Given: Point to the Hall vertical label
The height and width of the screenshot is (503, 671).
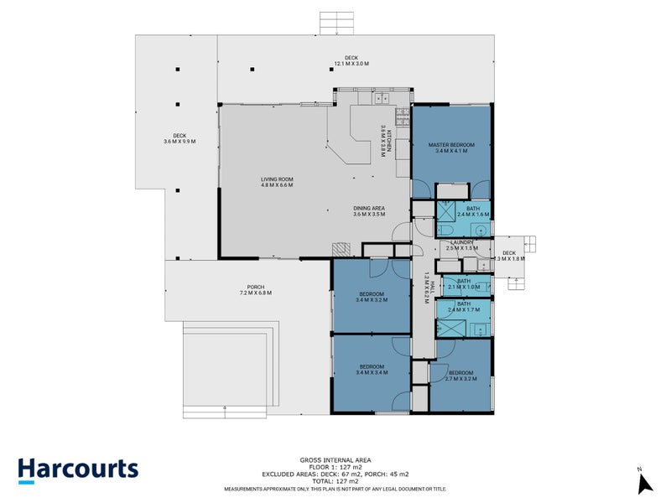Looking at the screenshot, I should (x=427, y=285).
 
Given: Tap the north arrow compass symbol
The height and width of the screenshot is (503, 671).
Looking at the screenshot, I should (x=644, y=482).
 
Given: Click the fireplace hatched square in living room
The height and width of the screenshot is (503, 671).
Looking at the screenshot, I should (x=339, y=249).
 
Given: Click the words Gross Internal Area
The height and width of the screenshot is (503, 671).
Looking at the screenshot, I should (x=335, y=459).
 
